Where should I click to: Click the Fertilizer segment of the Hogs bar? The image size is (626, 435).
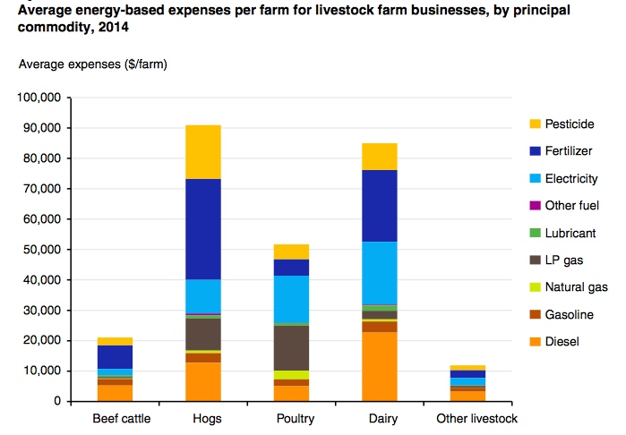(203, 229)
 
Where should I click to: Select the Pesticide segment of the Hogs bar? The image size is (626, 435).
(203, 152)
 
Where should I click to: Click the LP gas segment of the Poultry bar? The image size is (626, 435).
(291, 347)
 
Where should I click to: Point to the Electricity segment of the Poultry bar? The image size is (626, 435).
(291, 299)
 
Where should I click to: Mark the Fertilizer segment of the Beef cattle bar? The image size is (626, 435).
(115, 356)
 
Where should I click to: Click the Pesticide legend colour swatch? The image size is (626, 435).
(536, 124)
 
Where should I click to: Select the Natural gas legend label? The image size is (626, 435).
(576, 287)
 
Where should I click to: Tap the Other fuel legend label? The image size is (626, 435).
(571, 206)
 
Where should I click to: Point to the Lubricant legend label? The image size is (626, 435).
(570, 233)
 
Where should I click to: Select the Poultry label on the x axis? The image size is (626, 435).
(291, 418)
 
